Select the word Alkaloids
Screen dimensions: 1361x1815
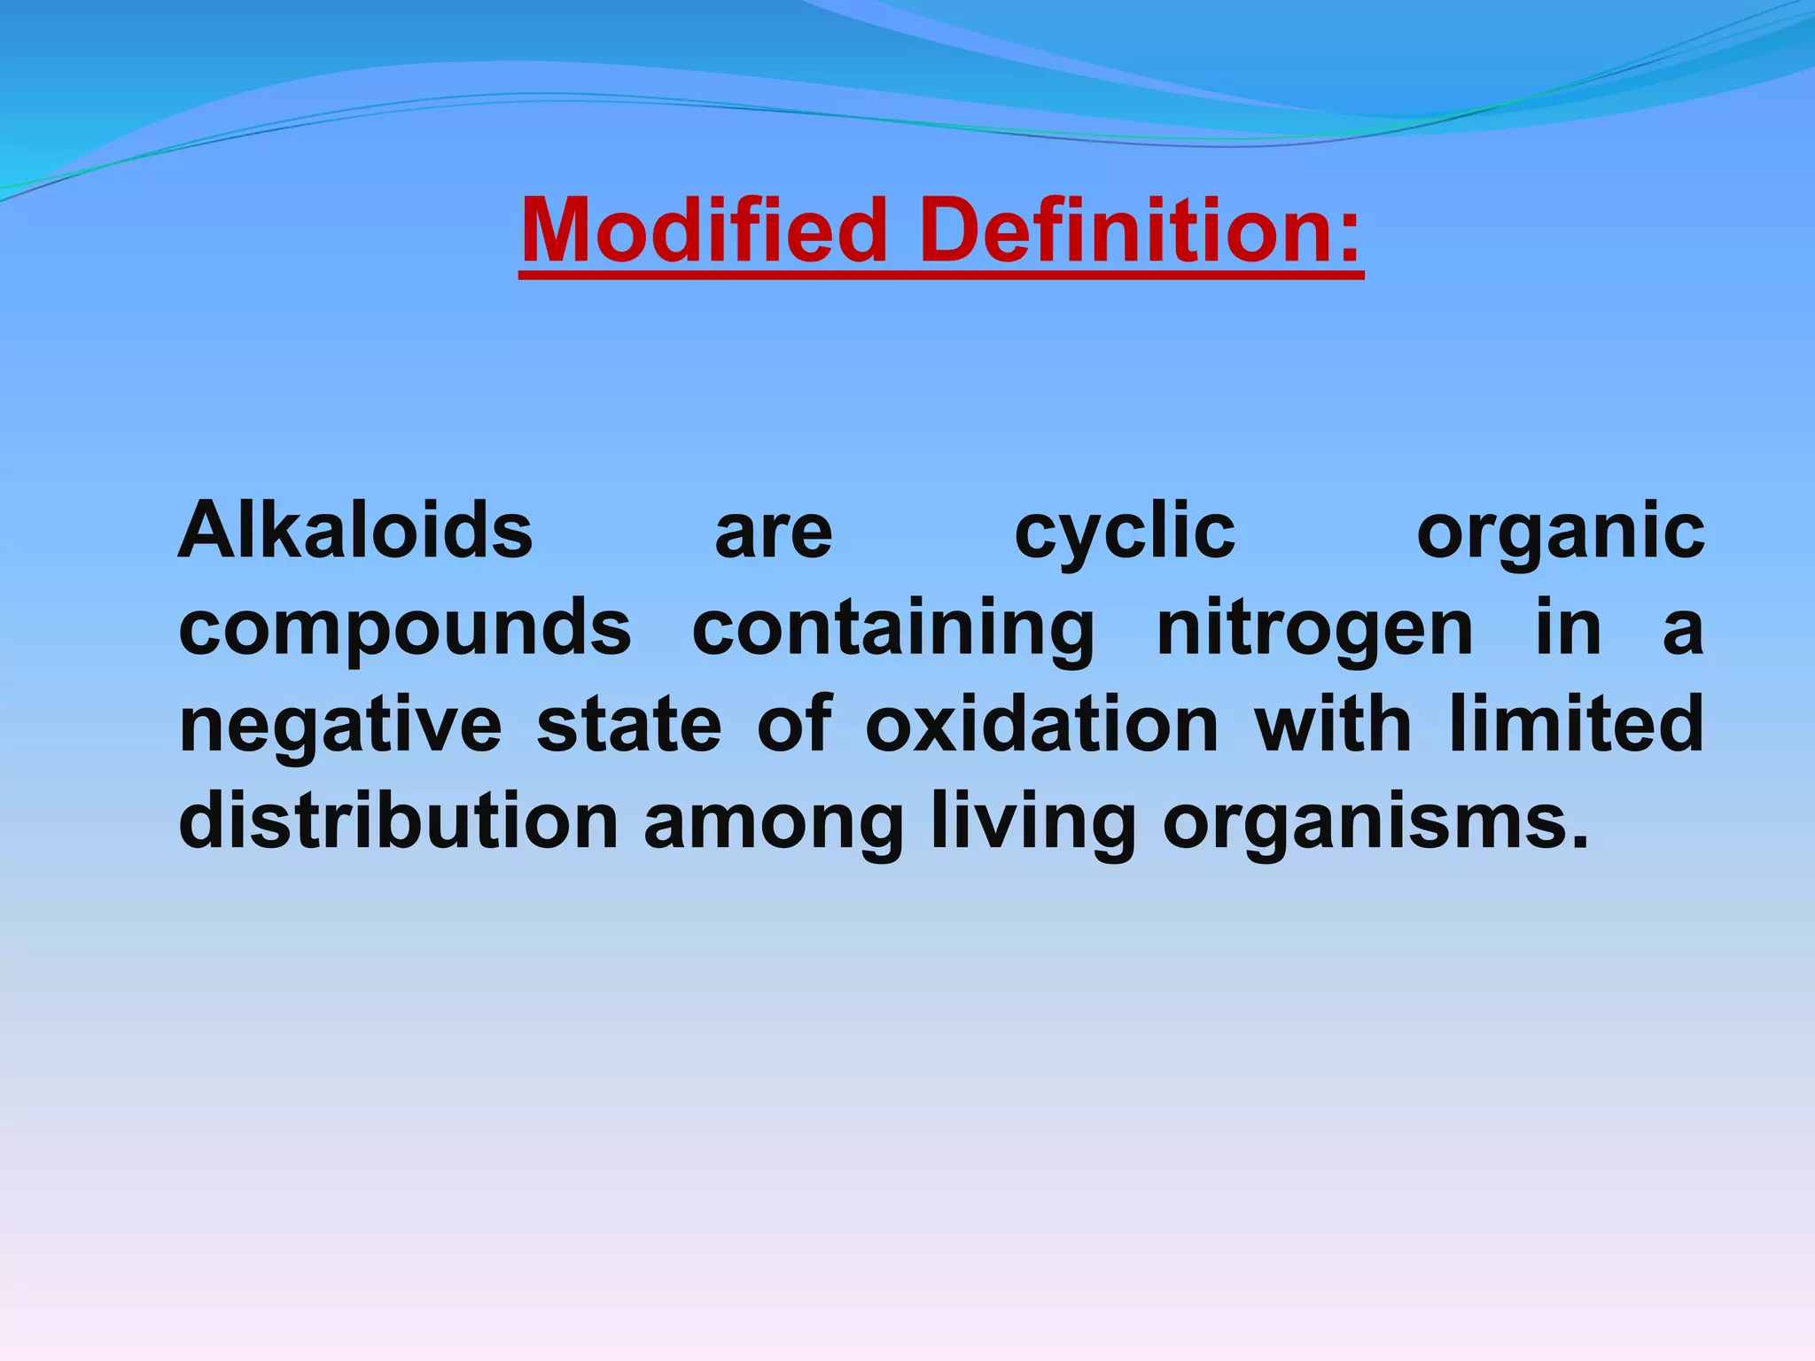point(355,531)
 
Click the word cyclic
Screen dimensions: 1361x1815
point(1125,534)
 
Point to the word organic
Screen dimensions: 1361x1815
point(1560,534)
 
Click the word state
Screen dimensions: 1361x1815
point(629,725)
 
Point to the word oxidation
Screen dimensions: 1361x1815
point(1042,725)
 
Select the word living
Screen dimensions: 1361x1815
point(1033,822)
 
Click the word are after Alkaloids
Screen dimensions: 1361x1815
point(774,535)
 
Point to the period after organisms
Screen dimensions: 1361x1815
point(1579,840)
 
